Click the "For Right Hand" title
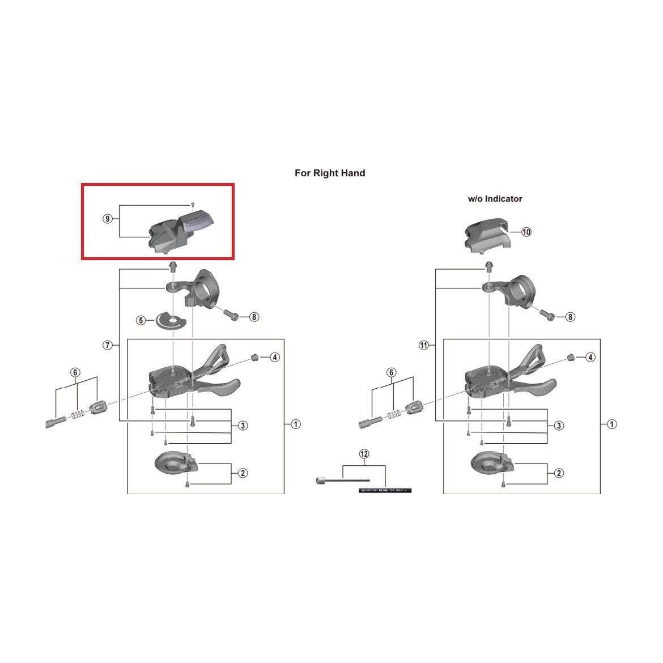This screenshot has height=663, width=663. coord(330,173)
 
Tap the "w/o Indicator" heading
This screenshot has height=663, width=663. coord(495,199)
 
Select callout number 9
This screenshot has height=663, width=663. coord(108,219)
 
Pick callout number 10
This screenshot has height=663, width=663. coord(526,232)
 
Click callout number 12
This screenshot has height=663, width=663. coord(364,454)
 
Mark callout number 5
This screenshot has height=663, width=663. coord(141,321)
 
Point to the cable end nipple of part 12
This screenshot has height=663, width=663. coord(320,481)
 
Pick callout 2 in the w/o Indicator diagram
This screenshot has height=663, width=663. coord(559,473)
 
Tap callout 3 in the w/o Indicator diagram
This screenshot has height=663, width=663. coord(559,426)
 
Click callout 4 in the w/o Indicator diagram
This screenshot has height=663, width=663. coord(590,357)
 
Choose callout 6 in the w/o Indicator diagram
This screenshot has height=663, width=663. coord(392,372)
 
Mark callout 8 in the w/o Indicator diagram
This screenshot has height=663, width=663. coord(570,317)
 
